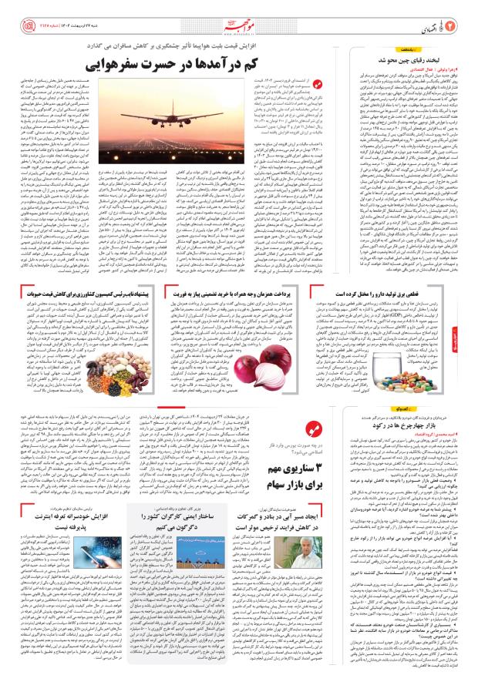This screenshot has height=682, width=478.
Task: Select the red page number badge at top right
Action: [460, 12]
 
